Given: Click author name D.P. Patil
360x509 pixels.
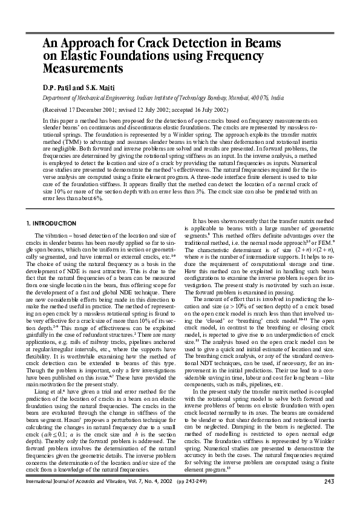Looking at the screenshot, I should pyautogui.click(x=57, y=87).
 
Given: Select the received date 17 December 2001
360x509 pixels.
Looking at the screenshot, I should pyautogui.click(x=94, y=110).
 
